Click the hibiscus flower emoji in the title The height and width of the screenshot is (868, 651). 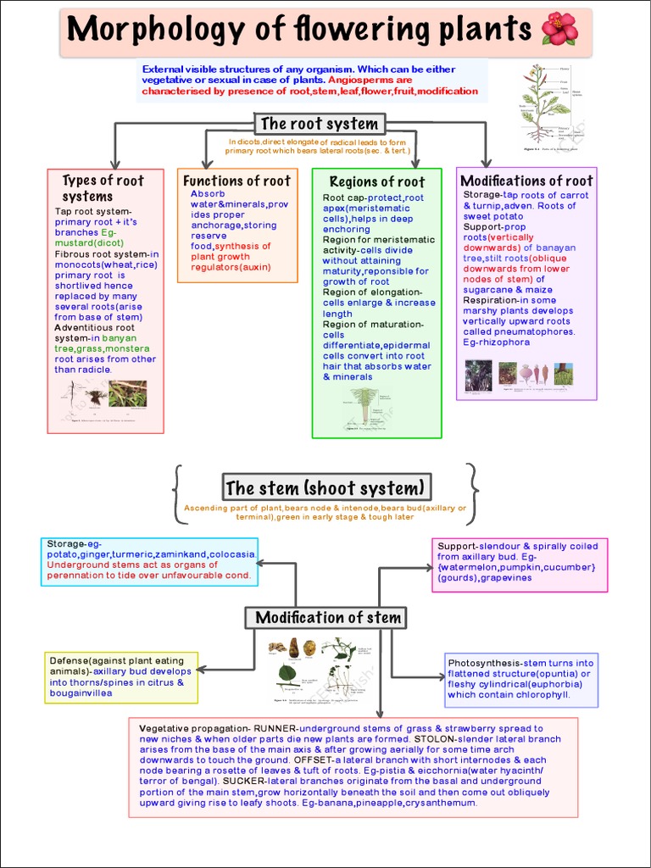coord(559,30)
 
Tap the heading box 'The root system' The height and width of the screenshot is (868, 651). coord(319,124)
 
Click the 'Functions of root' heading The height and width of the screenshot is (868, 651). coord(236,181)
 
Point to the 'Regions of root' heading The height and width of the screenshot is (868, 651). coord(376,181)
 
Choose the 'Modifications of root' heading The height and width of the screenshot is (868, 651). coord(526,181)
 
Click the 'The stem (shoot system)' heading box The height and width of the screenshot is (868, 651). coord(325,487)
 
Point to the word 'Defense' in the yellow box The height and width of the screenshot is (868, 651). coord(69,660)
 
